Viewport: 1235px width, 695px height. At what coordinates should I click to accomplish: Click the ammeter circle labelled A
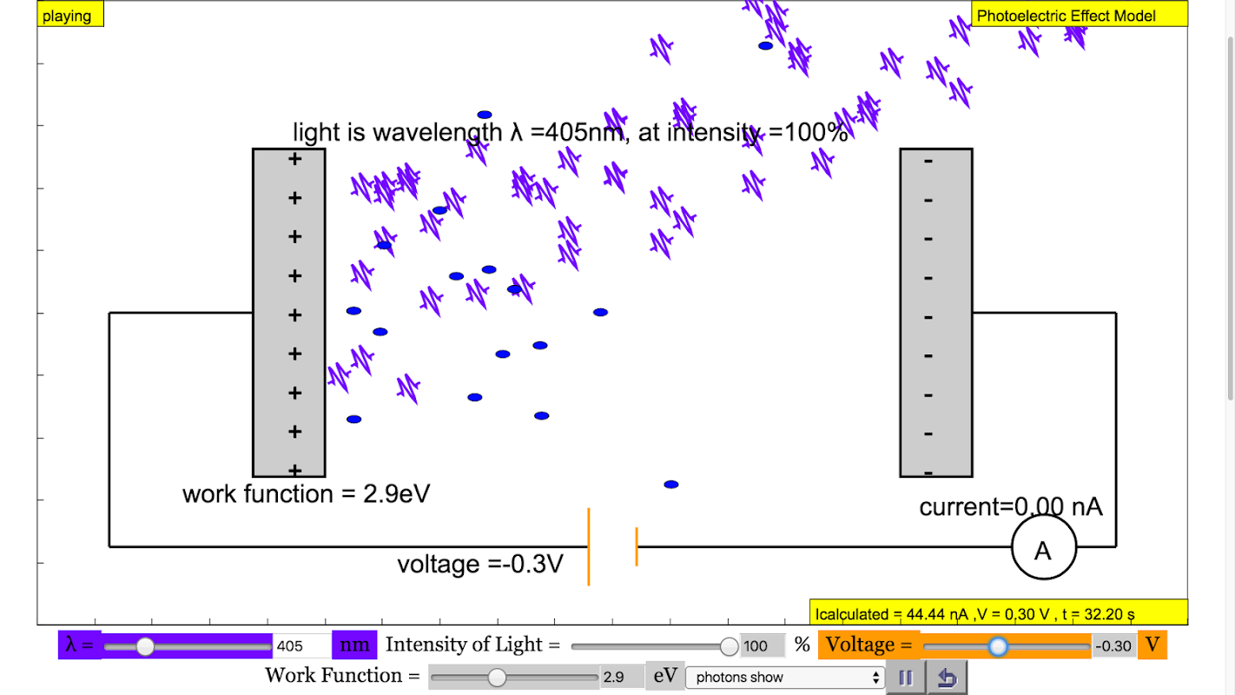click(x=1043, y=548)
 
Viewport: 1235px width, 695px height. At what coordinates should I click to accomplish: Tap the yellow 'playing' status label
click(x=69, y=15)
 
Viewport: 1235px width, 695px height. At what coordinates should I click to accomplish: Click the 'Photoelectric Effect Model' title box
click(x=1078, y=15)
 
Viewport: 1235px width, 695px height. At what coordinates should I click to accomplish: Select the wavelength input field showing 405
click(x=300, y=645)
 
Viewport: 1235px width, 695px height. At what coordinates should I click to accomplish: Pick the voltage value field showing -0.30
click(x=1113, y=645)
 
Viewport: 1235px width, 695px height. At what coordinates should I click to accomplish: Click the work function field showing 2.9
click(x=620, y=677)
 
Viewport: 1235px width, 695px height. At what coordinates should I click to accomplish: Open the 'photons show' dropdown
click(x=785, y=677)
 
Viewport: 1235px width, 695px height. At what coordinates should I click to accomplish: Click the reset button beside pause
click(x=947, y=678)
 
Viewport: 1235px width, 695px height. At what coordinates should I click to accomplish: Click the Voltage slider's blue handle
click(x=998, y=645)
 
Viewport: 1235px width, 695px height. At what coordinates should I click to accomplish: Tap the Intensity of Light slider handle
click(x=730, y=645)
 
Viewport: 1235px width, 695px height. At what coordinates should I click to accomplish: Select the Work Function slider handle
click(x=497, y=677)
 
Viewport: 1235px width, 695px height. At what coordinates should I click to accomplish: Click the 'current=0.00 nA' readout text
click(x=1011, y=506)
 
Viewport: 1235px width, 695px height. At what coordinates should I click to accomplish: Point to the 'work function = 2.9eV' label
click(x=306, y=494)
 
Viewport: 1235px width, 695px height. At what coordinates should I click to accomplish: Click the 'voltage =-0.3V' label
click(x=479, y=564)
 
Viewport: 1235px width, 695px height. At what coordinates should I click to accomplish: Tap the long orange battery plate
click(x=589, y=546)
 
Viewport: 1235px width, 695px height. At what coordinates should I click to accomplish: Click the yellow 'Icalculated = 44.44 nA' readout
click(x=998, y=613)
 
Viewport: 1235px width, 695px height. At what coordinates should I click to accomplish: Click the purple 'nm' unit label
click(x=354, y=645)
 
